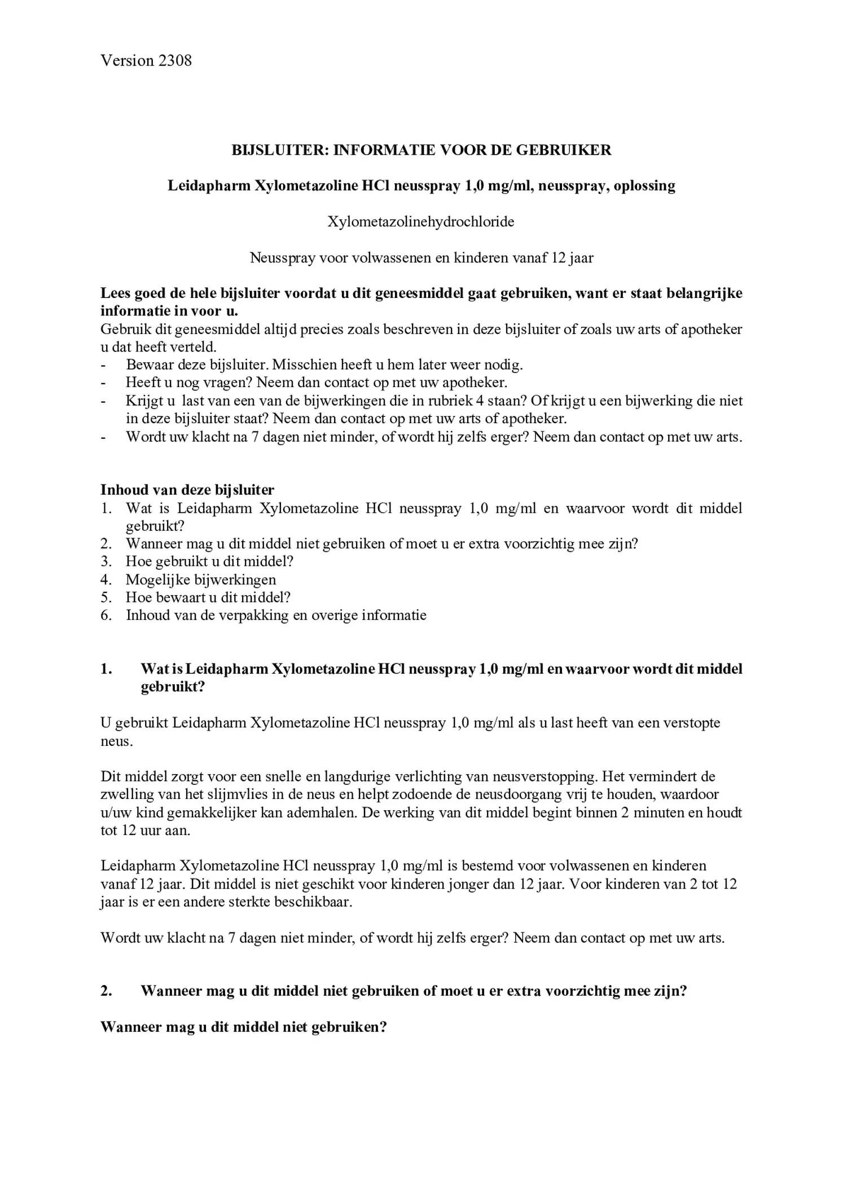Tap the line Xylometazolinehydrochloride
(421, 222)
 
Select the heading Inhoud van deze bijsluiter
(187, 490)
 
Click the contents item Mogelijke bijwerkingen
(201, 579)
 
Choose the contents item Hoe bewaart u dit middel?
(208, 597)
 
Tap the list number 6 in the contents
(106, 615)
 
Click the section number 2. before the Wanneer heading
(106, 991)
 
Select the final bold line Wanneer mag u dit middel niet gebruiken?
(243, 1027)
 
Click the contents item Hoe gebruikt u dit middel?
(209, 561)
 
